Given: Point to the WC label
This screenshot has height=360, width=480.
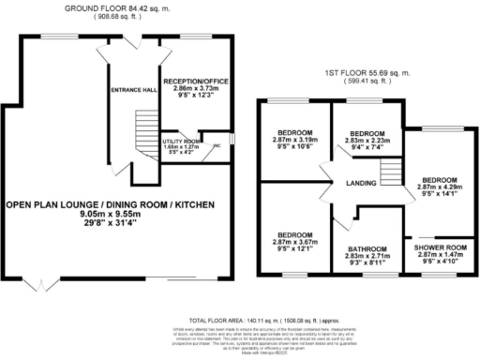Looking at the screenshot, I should point(217,145).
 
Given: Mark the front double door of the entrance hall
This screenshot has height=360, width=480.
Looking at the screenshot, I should point(128,44).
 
